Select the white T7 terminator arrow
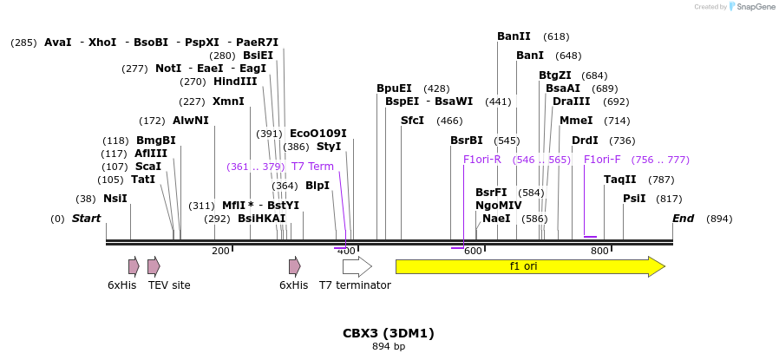[357, 266]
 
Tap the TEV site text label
[169, 285]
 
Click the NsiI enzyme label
[115, 199]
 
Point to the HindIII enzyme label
[235, 82]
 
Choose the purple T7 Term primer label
[312, 167]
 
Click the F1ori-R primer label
[482, 160]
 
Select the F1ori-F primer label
[602, 160]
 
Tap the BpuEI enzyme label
[394, 88]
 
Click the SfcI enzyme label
[412, 121]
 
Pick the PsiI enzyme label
[634, 199]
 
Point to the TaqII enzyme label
[620, 180]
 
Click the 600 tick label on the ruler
[473, 251]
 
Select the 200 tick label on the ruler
[220, 251]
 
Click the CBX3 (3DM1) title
[389, 333]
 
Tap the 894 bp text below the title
[389, 347]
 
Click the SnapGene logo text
[756, 7]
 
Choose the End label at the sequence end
[684, 219]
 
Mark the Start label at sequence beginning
[86, 219]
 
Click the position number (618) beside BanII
[556, 36]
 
